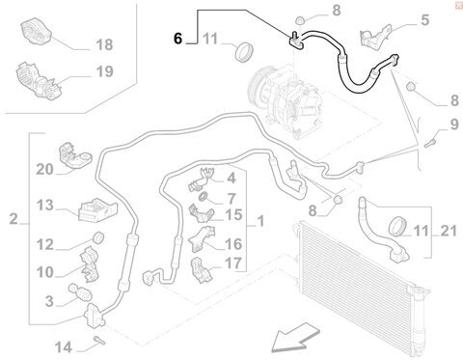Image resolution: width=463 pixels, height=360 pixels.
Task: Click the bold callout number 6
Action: click(177, 39)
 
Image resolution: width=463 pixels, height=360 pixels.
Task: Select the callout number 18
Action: click(104, 44)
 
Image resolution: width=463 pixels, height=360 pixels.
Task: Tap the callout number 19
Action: click(104, 71)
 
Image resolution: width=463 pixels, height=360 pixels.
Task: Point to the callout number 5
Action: click(425, 20)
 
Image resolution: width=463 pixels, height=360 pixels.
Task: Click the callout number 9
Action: click(454, 125)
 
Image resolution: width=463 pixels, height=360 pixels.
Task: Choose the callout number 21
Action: click(449, 231)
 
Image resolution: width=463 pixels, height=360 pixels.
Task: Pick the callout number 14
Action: click(63, 347)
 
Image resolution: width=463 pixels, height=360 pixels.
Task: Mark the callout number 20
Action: click(44, 169)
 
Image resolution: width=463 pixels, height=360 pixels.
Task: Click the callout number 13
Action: click(44, 205)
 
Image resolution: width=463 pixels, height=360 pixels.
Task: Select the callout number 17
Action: click(233, 263)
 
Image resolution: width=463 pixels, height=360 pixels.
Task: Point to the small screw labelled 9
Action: click(430, 142)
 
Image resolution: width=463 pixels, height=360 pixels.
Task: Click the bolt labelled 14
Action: click(99, 340)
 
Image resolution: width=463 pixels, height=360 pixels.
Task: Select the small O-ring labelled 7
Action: click(204, 196)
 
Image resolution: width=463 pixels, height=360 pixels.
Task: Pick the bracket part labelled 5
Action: click(375, 37)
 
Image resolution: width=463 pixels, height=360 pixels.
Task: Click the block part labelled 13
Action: click(97, 210)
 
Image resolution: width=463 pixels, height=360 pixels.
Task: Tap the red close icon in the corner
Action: click(459, 6)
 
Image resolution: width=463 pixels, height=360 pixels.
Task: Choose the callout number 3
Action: click(49, 301)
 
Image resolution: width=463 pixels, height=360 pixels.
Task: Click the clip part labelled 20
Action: click(76, 155)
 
